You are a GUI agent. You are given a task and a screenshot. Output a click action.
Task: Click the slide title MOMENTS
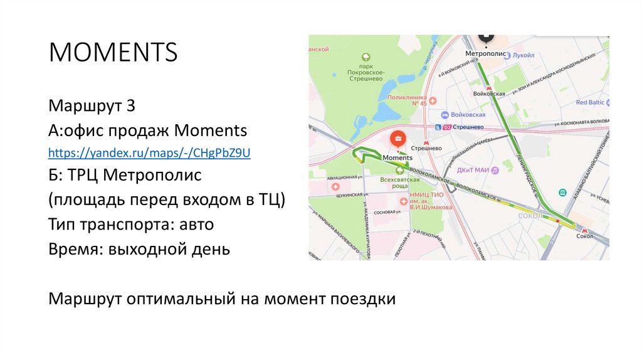click(113, 52)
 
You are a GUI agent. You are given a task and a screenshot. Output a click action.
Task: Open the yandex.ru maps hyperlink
click(150, 152)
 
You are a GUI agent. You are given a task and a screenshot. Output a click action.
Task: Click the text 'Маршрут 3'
click(92, 106)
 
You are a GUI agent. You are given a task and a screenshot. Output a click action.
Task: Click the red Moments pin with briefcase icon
click(397, 139)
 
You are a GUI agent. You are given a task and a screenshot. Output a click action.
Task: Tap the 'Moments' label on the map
click(397, 157)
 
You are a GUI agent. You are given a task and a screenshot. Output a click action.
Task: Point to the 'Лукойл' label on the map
click(523, 55)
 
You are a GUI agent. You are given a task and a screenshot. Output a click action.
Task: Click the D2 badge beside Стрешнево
click(447, 127)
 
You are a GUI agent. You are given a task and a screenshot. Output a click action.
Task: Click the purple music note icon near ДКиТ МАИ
click(494, 170)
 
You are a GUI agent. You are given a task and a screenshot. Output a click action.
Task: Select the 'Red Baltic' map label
click(589, 102)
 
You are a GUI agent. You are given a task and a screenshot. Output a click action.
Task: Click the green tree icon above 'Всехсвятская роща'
click(399, 172)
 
